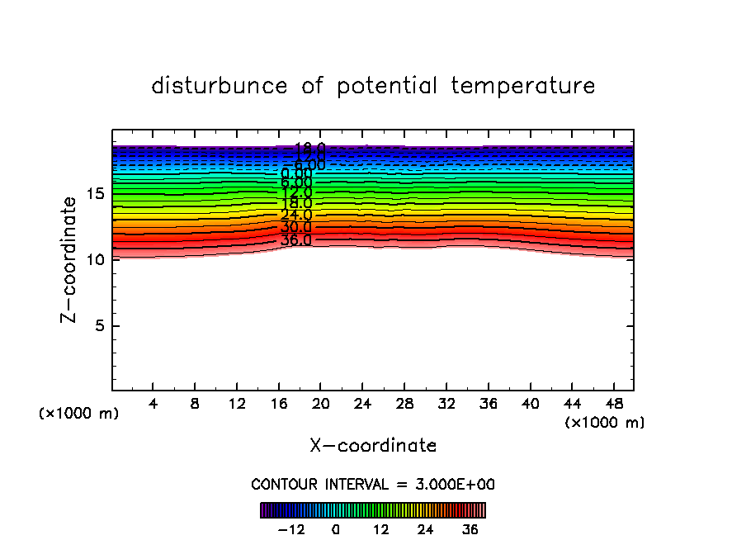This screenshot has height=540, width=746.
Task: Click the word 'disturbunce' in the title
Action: pos(220,86)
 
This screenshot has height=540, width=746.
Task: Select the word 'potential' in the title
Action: pos(387,86)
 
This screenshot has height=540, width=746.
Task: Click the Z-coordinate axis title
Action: pos(72,259)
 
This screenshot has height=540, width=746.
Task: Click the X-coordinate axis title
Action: pos(373,446)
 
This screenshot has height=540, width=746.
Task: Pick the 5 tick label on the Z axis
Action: pos(100,325)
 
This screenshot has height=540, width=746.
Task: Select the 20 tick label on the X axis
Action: pos(320,405)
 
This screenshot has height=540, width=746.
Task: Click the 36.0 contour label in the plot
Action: pos(295,240)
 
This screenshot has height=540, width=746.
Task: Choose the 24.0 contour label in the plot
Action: pos(295,215)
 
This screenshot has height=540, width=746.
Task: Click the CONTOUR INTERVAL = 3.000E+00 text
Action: pos(373,485)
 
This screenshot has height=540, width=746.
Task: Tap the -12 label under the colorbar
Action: pos(291,529)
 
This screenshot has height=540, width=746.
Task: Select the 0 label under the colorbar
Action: pos(336,529)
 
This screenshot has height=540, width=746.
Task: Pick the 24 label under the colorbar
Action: pos(425,529)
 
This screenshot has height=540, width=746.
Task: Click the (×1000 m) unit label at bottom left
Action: pos(79,414)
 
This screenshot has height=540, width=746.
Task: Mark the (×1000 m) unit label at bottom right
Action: pos(605,423)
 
